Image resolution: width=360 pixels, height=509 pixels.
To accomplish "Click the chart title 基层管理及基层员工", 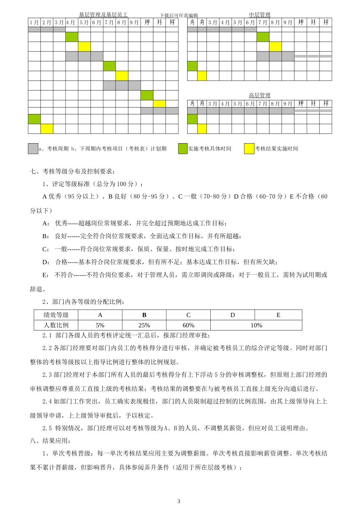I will click(x=103, y=15).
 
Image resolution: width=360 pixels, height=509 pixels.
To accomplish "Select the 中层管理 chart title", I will click(x=260, y=15).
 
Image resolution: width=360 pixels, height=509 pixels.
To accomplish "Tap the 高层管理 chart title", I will click(x=260, y=95).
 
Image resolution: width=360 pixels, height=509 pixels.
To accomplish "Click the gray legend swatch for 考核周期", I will click(x=33, y=148).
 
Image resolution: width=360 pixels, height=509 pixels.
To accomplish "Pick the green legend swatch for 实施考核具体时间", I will click(x=183, y=148).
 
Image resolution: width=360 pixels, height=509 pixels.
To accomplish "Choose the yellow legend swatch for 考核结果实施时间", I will click(x=249, y=148).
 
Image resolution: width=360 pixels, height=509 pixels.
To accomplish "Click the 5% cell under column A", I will click(x=100, y=325).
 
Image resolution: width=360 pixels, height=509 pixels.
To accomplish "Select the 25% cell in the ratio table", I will click(x=144, y=325).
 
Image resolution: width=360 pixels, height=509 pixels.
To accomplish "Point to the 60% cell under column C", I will click(x=188, y=325).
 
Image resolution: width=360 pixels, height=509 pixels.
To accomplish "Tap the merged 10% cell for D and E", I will click(x=256, y=325).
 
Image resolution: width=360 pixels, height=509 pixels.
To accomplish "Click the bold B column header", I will click(x=144, y=315).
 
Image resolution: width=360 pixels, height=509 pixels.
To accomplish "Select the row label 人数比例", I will click(x=56, y=325).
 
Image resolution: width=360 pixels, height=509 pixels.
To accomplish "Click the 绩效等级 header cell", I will click(x=56, y=315).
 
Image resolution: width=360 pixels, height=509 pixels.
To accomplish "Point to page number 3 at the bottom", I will click(x=179, y=501).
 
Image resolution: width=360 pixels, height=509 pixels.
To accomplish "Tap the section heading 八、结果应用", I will click(x=50, y=441).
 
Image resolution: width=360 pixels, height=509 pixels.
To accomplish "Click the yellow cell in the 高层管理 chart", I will click(x=202, y=129).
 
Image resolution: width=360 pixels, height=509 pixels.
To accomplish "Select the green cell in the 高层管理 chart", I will click(x=192, y=119).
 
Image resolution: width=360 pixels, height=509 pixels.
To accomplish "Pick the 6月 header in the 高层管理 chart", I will click(x=250, y=103).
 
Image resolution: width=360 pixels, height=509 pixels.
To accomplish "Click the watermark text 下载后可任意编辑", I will click(x=178, y=16).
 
